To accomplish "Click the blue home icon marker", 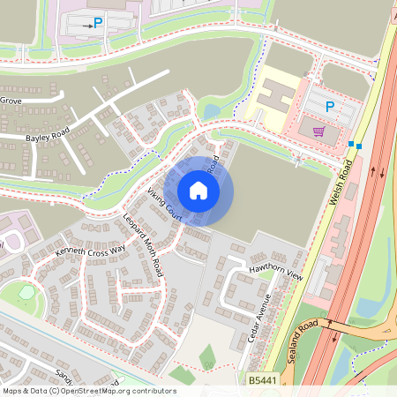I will pos(198,191).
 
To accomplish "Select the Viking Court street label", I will pos(164,202).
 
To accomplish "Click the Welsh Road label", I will pos(341,184).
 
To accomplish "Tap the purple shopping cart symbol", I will pos(318,131).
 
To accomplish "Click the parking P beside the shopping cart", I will pos(330,107).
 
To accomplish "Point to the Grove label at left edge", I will pos(11,101).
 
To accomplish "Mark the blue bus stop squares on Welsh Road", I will pos(355,144).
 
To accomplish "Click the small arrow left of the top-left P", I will pos(86,26).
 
